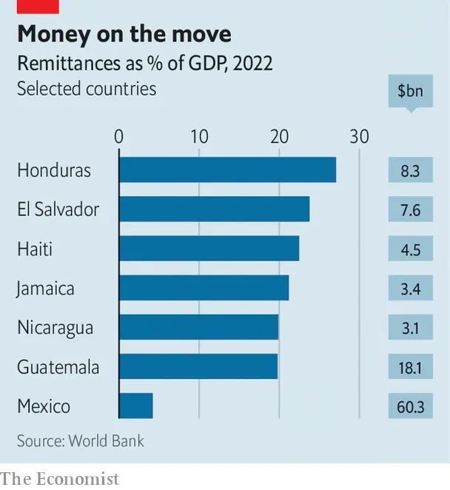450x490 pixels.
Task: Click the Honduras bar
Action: pyautogui.click(x=227, y=170)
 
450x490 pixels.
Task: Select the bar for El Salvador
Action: pyautogui.click(x=214, y=209)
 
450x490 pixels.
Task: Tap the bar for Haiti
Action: pyautogui.click(x=209, y=249)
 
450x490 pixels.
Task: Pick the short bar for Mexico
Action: pyautogui.click(x=136, y=406)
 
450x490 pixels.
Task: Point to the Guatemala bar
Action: pyautogui.click(x=198, y=366)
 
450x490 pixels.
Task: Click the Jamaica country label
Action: pyautogui.click(x=46, y=288)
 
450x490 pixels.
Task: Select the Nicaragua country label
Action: pyautogui.click(x=56, y=328)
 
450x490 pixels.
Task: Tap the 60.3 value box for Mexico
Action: pyautogui.click(x=410, y=406)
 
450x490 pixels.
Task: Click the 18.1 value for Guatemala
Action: pyautogui.click(x=410, y=367)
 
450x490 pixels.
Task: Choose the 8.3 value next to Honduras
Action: pyautogui.click(x=410, y=171)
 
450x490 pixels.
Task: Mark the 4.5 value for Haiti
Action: pyautogui.click(x=410, y=249)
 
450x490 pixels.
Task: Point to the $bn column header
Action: pyautogui.click(x=410, y=92)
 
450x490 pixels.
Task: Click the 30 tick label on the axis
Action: pyautogui.click(x=359, y=137)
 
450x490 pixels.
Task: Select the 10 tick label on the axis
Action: pyautogui.click(x=199, y=137)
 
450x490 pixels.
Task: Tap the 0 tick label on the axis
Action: pyautogui.click(x=119, y=137)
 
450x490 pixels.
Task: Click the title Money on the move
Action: pyautogui.click(x=124, y=34)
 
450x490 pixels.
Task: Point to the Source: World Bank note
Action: pyautogui.click(x=81, y=441)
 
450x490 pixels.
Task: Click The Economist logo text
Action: pyautogui.click(x=59, y=479)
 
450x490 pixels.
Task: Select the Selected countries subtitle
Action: pyautogui.click(x=87, y=89)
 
